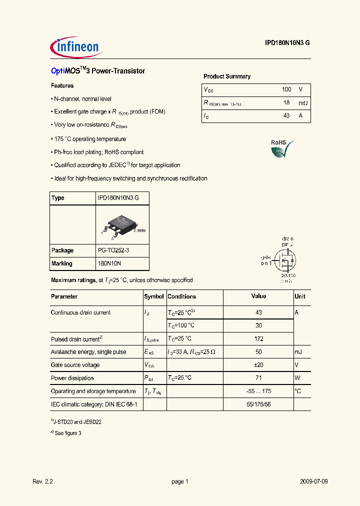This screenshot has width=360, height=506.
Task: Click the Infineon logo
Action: click(76, 47)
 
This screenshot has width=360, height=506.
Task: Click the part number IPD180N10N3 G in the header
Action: click(287, 43)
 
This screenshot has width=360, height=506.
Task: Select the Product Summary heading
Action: click(227, 76)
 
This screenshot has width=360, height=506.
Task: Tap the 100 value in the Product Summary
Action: click(286, 89)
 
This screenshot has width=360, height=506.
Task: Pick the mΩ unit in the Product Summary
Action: click(303, 103)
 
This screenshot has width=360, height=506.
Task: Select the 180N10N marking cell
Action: click(109, 263)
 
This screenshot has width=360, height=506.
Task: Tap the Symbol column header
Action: click(154, 296)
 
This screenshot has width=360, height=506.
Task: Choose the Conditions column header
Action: click(181, 296)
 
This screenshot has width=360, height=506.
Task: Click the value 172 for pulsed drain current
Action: click(258, 339)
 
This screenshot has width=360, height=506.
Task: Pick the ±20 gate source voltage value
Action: click(258, 365)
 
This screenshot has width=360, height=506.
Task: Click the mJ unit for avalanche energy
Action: click(298, 352)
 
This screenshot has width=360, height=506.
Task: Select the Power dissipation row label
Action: click(72, 378)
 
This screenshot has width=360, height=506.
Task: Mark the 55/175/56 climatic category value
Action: click(258, 404)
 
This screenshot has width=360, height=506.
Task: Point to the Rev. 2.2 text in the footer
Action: click(42, 481)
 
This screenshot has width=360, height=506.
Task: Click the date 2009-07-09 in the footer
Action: click(313, 481)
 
